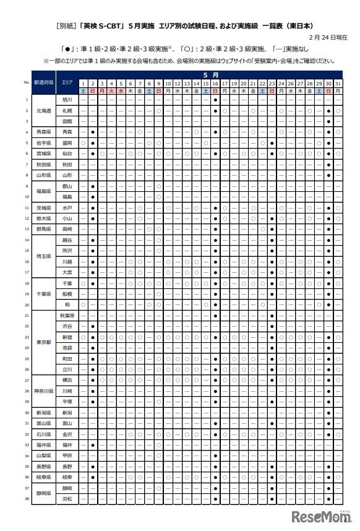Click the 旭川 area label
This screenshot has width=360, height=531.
pyautogui.click(x=67, y=100)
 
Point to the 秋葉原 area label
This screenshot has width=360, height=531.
pyautogui.click(x=67, y=315)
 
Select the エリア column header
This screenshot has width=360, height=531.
pyautogui.click(x=67, y=82)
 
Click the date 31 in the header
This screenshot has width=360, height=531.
pyautogui.click(x=338, y=83)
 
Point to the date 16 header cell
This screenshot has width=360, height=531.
pyautogui.click(x=215, y=83)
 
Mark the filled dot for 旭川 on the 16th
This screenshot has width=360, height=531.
pyautogui.click(x=215, y=100)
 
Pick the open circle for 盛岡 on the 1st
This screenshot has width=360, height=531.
pyautogui.click(x=83, y=143)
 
